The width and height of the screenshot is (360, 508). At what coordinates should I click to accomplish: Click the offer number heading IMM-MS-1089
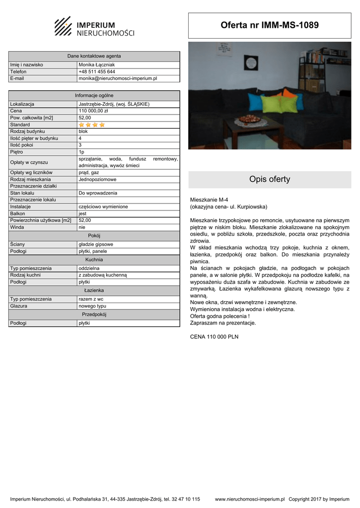pos(270,25)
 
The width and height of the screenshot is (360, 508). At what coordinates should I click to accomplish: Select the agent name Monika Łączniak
pos(96,64)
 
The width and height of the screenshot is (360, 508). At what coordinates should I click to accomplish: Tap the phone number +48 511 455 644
pos(97,71)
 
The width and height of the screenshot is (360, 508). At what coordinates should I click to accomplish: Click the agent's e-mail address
pos(118,78)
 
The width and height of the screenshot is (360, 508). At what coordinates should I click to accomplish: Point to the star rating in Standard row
pos(92,125)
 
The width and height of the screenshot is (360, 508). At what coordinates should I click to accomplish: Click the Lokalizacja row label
pos(22,104)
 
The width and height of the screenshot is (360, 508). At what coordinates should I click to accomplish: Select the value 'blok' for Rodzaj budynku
pos(83,131)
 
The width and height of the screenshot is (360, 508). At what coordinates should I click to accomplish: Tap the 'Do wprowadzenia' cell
pos(98,193)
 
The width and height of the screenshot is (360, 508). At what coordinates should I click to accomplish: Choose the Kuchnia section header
pos(94,259)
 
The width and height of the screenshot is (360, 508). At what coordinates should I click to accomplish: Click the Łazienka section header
pos(94,290)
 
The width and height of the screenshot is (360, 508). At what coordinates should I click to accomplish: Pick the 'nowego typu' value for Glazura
pos(92,306)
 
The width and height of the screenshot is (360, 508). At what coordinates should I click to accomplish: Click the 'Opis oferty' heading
pos(270,180)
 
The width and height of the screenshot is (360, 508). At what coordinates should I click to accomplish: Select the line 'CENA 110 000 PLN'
pos(214,336)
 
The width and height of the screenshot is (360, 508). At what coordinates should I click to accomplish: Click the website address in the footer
pos(249,499)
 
